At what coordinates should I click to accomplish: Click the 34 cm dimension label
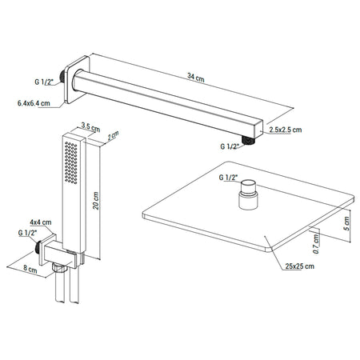pyautogui.click(x=196, y=78)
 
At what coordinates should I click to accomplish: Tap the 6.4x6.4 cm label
pyautogui.click(x=34, y=103)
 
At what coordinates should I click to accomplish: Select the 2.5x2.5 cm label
pyautogui.click(x=286, y=130)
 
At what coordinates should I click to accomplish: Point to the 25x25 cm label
pyautogui.click(x=299, y=266)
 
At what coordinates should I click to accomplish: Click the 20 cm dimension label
pyautogui.click(x=96, y=201)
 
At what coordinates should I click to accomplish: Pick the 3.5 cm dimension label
pyautogui.click(x=90, y=127)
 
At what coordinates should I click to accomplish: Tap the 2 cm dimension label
pyautogui.click(x=113, y=135)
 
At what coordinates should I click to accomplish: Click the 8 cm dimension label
pyautogui.click(x=30, y=269)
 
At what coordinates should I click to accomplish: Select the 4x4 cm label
pyautogui.click(x=41, y=222)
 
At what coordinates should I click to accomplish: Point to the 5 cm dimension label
pyautogui.click(x=346, y=223)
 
